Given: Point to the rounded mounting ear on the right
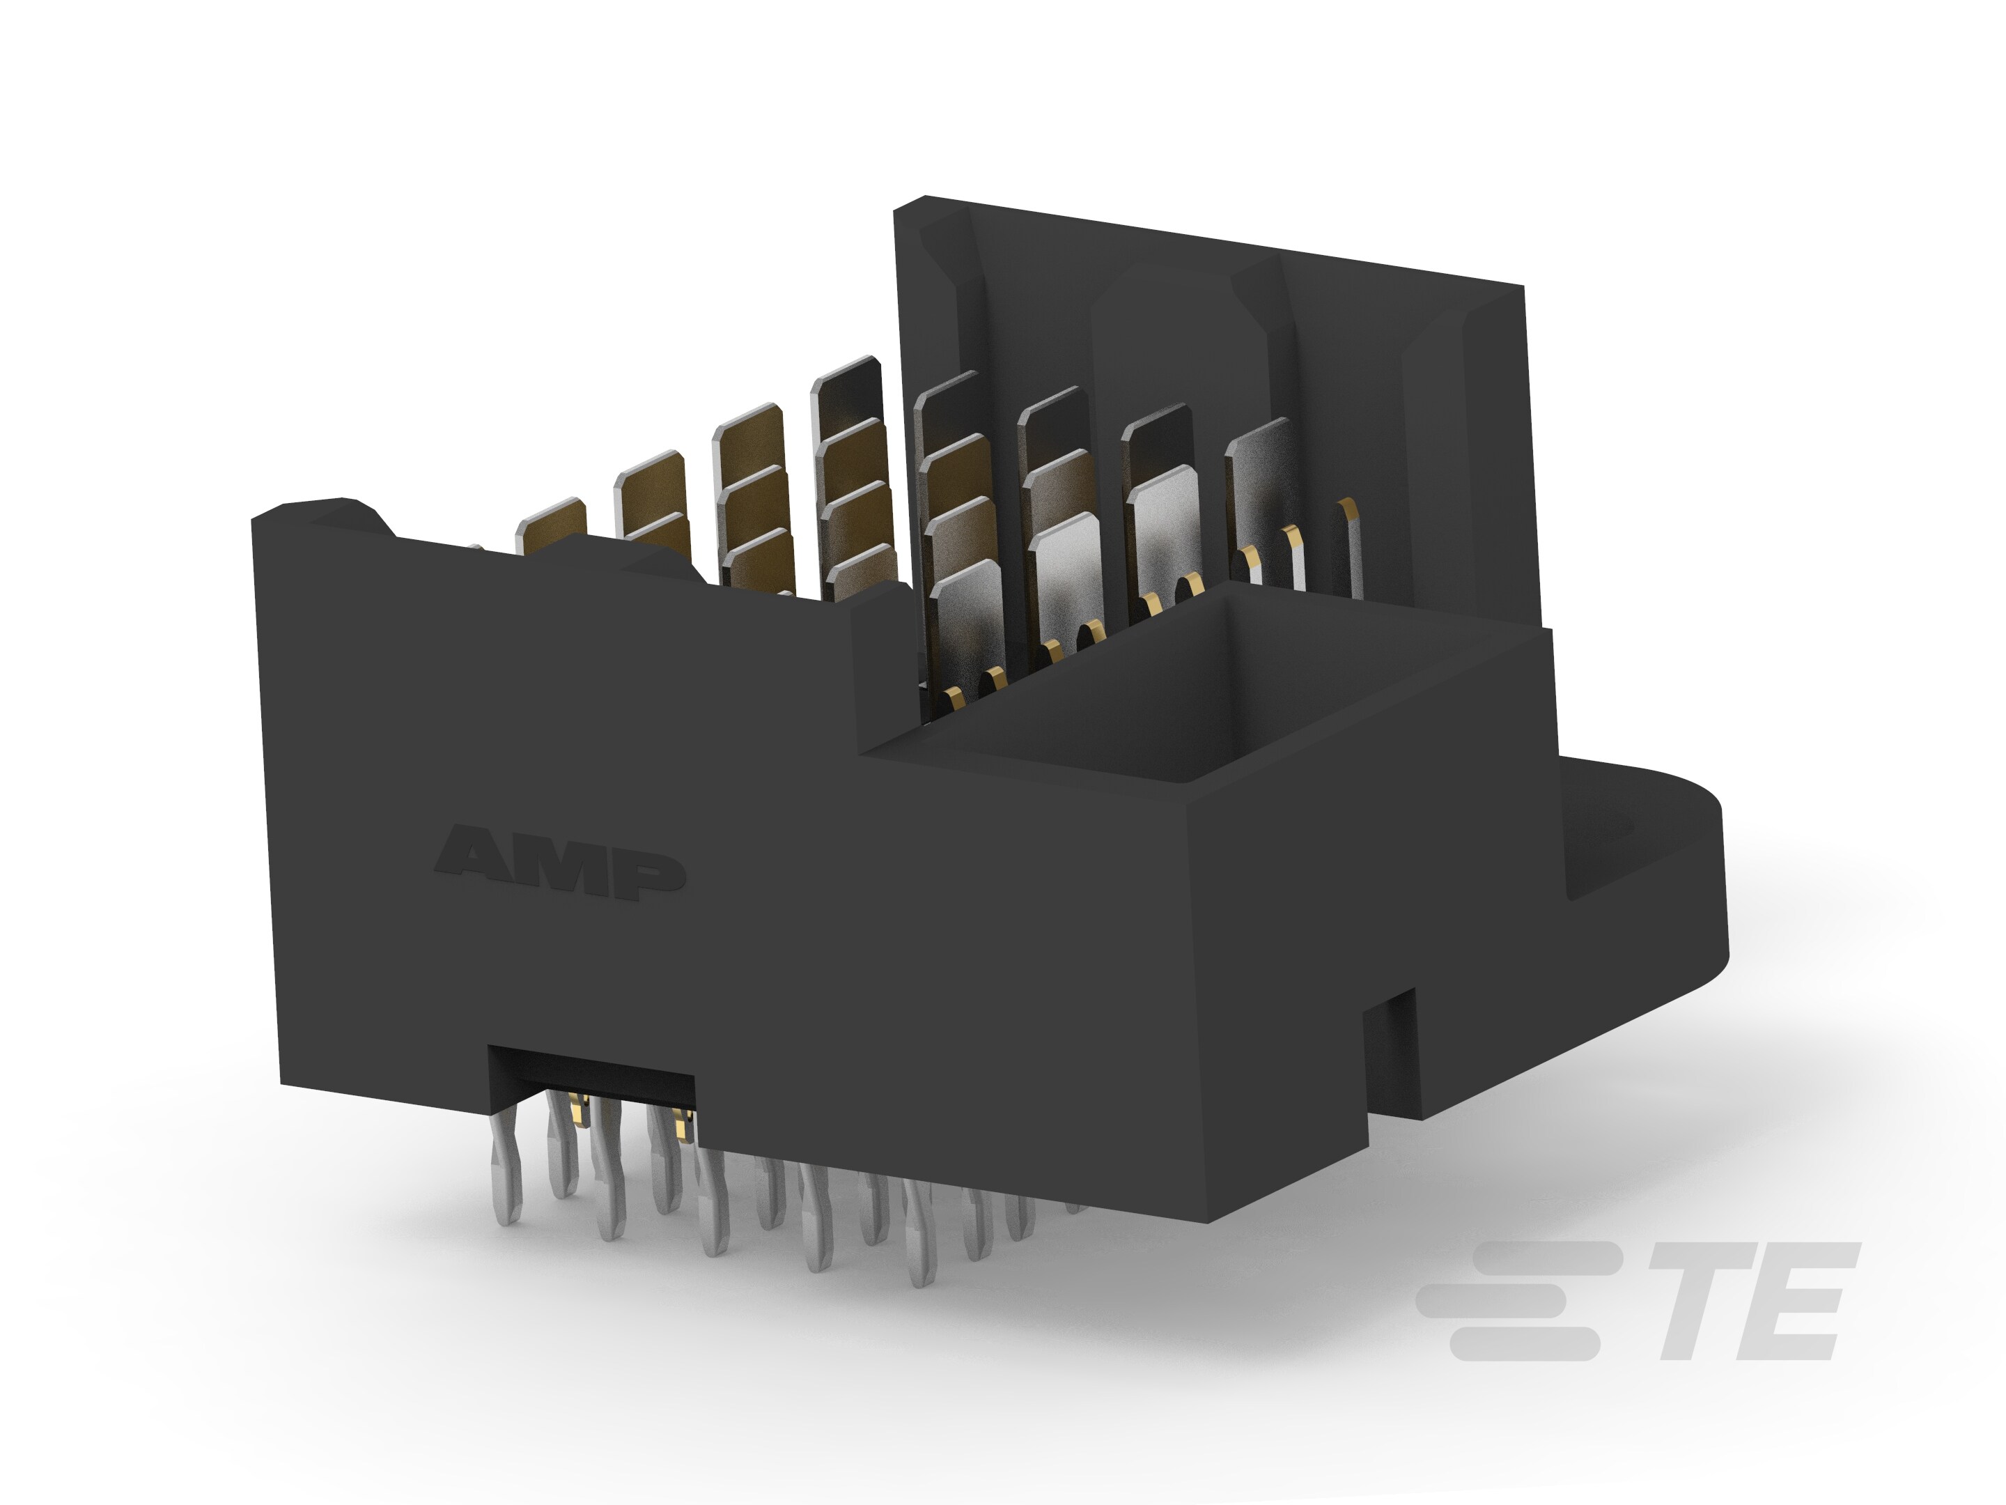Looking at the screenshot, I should [x=1660, y=862].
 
